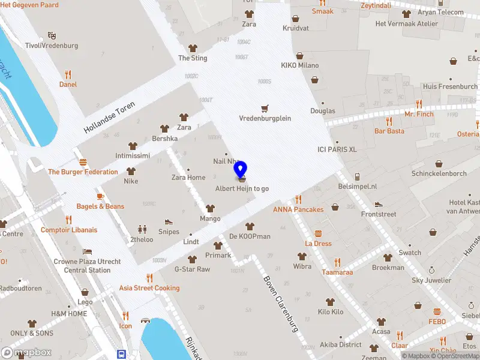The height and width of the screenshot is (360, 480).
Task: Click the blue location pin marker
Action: pyautogui.click(x=241, y=170)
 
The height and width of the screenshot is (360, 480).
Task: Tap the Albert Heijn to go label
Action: pyautogui.click(x=242, y=188)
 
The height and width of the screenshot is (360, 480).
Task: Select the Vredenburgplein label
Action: pyautogui.click(x=265, y=118)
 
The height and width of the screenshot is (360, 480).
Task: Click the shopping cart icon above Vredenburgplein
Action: pyautogui.click(x=265, y=108)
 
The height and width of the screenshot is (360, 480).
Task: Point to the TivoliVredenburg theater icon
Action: pyautogui.click(x=52, y=35)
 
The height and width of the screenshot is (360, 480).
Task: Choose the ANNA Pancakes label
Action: pyautogui.click(x=298, y=209)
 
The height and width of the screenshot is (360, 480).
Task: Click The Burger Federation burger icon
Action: pyautogui.click(x=83, y=162)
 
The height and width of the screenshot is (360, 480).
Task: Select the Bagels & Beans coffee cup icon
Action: pyautogui.click(x=100, y=196)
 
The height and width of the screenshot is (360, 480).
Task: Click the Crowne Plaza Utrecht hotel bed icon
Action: pyautogui.click(x=88, y=251)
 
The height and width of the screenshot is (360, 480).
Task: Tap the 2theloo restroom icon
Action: pyautogui.click(x=142, y=229)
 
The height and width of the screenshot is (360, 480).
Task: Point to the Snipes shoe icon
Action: pyautogui.click(x=169, y=222)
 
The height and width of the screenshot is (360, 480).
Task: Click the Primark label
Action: pyautogui.click(x=218, y=255)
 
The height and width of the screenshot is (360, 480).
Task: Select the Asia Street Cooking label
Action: pyautogui.click(x=149, y=288)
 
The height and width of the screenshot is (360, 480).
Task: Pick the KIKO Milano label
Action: pyautogui.click(x=299, y=65)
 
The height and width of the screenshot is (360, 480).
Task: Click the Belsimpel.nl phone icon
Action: pyautogui.click(x=357, y=176)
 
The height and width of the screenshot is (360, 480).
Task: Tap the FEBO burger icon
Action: pyautogui.click(x=437, y=311)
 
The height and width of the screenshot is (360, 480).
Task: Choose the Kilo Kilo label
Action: pyautogui.click(x=331, y=312)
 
